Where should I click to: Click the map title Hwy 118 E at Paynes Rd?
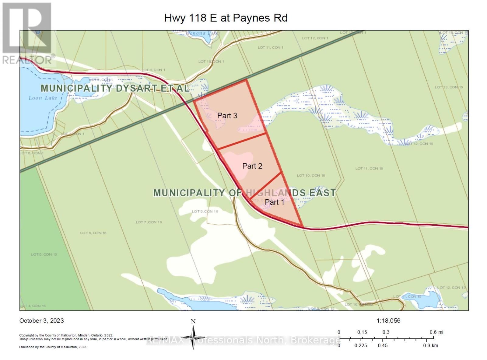(x=226, y=18)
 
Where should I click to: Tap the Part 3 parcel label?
(x=227, y=116)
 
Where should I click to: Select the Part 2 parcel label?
(x=252, y=166)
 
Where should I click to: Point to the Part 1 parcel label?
(x=274, y=202)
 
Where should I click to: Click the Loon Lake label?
(x=43, y=98)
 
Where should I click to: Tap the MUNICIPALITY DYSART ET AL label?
(x=115, y=88)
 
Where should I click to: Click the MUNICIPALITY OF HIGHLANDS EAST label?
(x=244, y=193)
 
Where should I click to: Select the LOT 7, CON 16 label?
(x=149, y=222)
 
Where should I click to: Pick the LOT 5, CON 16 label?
(x=44, y=254)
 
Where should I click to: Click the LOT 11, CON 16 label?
(x=369, y=168)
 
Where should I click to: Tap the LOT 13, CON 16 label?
(x=449, y=87)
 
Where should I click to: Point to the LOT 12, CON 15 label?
(x=451, y=288)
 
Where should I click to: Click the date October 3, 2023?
(x=42, y=320)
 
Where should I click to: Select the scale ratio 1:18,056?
(x=388, y=320)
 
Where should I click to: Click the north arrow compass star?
(x=193, y=337)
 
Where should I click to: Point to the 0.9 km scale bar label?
(x=430, y=345)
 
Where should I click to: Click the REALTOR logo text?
(x=27, y=60)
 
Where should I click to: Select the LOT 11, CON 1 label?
(x=271, y=47)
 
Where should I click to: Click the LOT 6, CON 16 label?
(x=93, y=233)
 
